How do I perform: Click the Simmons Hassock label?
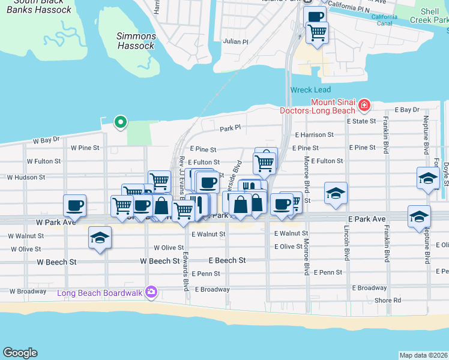coord(136,41)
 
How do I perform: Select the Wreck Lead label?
coord(310,90)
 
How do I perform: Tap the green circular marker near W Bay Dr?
coord(121,122)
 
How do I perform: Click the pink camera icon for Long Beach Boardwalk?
coord(151,292)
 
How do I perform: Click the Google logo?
coord(20,353)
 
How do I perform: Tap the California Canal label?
coord(384,20)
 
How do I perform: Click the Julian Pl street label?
coord(235,42)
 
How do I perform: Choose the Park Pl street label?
coord(230,128)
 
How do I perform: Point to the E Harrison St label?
coord(314,135)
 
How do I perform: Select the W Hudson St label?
coord(26,178)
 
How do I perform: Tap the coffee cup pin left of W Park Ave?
coord(74,205)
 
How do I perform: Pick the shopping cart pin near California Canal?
coord(317,32)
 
